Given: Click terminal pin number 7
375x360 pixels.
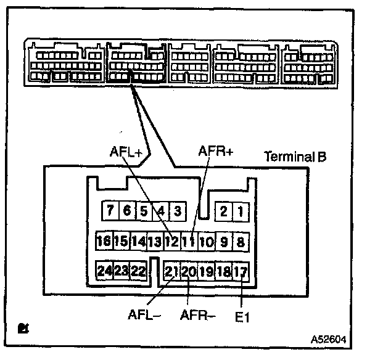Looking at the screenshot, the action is point(110,211).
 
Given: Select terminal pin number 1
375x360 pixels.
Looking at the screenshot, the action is point(241,211).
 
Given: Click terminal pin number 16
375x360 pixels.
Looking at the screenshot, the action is point(104,240).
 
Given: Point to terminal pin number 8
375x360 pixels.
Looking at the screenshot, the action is point(241,240).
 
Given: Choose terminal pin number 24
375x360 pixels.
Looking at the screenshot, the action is point(104,270).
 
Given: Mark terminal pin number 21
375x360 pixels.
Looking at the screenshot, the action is point(172,270).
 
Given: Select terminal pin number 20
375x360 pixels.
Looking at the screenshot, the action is point(189,270).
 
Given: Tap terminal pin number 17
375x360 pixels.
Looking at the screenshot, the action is point(241,270).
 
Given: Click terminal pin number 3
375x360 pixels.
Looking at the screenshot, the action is point(176,211).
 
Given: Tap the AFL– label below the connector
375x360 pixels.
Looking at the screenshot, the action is point(145,315).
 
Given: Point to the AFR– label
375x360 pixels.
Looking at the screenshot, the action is point(198,315).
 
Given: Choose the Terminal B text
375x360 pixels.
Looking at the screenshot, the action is point(295,157).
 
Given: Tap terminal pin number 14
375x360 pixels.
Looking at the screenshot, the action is point(138,240).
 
